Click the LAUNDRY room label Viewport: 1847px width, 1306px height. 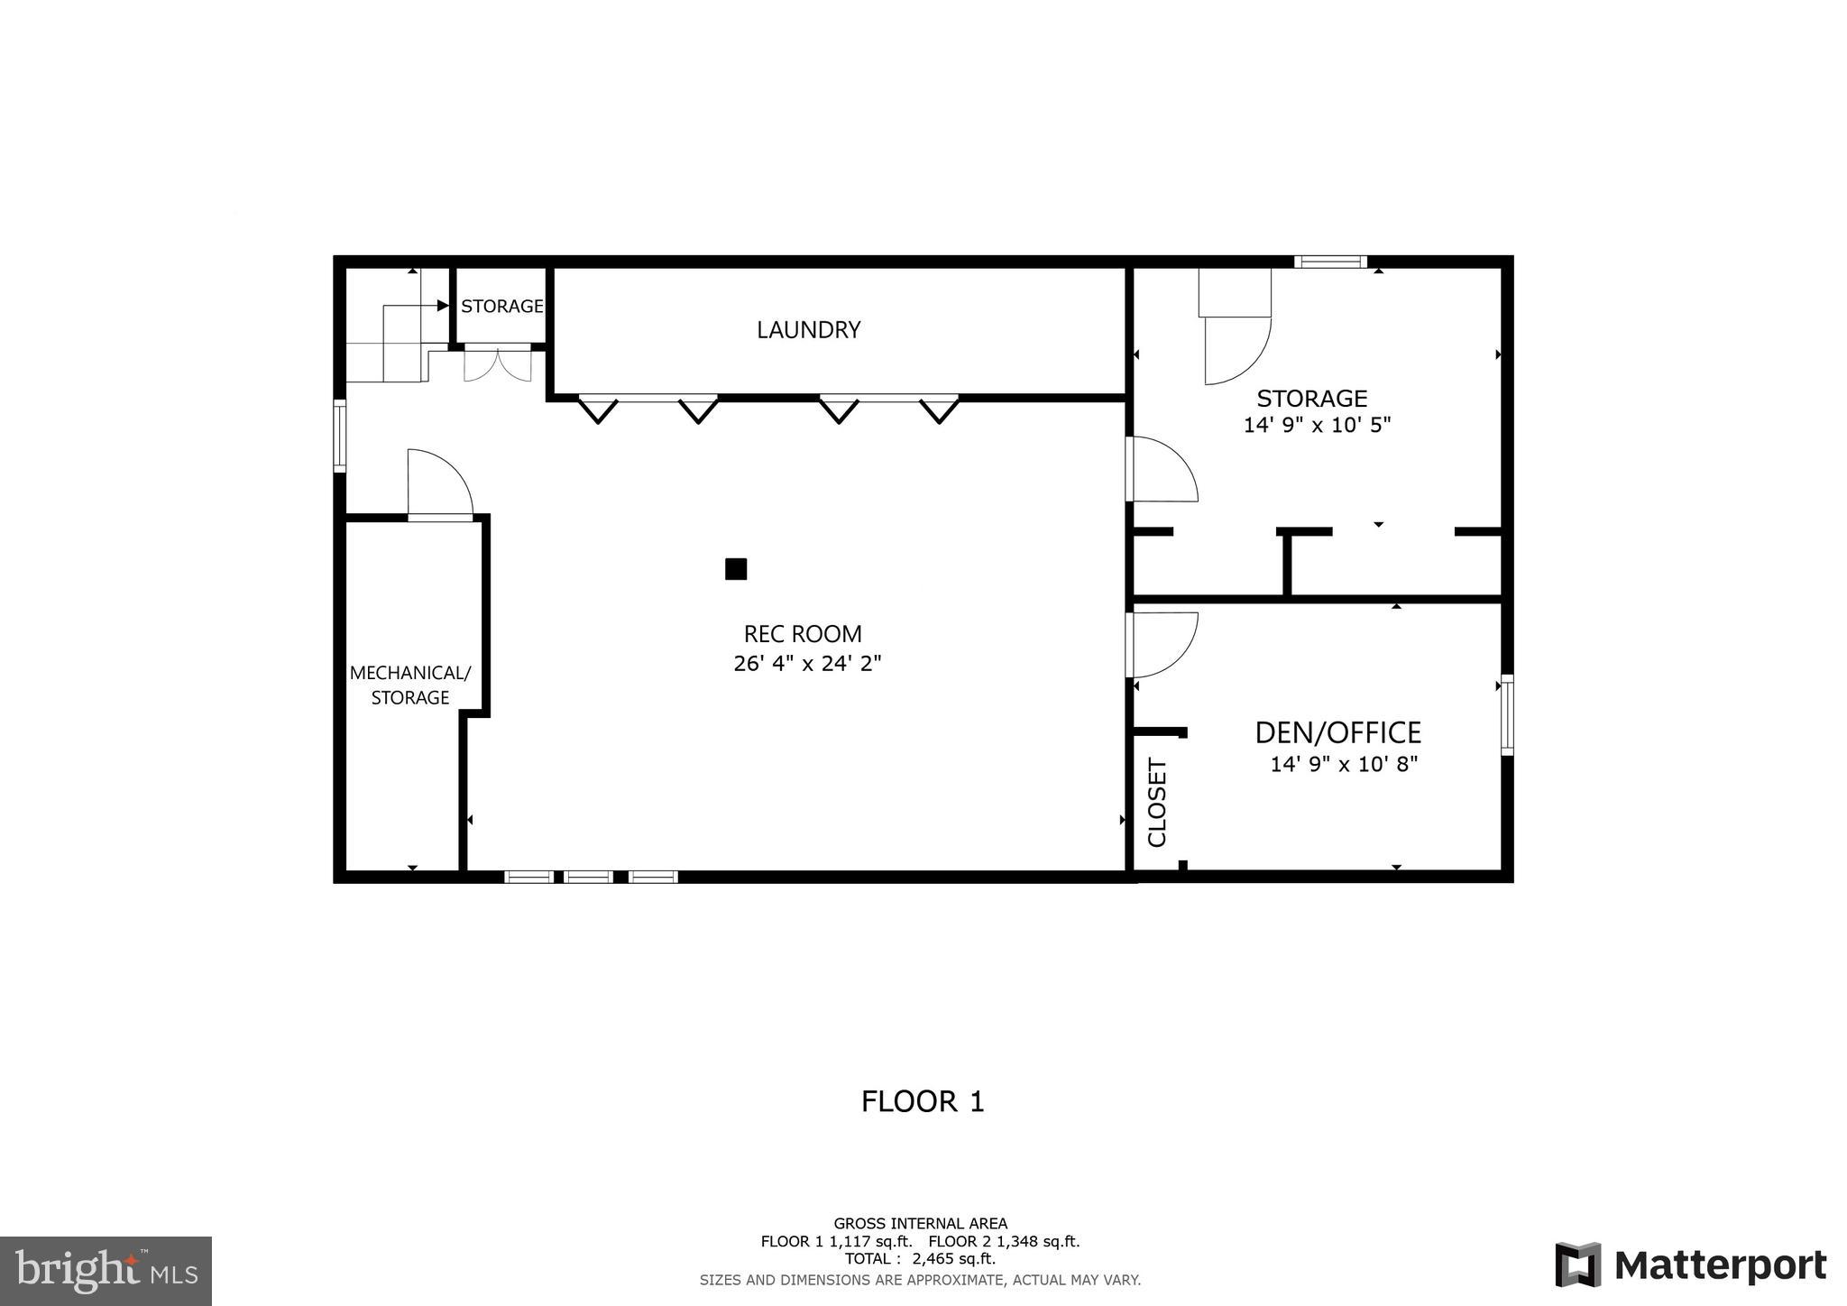pyautogui.click(x=808, y=330)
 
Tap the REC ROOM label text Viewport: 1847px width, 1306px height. pyautogui.click(x=803, y=634)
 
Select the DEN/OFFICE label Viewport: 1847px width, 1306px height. pyautogui.click(x=1337, y=732)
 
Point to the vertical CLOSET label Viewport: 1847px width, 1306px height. pyautogui.click(x=1157, y=803)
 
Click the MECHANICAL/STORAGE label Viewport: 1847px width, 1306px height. pyautogui.click(x=410, y=685)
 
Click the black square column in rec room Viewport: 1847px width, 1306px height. pyautogui.click(x=736, y=569)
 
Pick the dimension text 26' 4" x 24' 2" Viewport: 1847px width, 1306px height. pyautogui.click(x=807, y=664)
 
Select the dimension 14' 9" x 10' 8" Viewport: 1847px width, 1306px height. pyautogui.click(x=1344, y=765)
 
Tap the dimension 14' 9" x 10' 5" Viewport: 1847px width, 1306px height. pyautogui.click(x=1317, y=425)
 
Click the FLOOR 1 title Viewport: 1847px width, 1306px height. pyautogui.click(x=923, y=1101)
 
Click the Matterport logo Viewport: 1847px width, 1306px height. pyautogui.click(x=1691, y=1265)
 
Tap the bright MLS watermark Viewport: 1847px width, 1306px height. pyautogui.click(x=106, y=1270)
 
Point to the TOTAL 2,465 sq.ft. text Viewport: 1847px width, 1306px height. pyautogui.click(x=920, y=1258)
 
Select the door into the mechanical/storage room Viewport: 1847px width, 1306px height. pyautogui.click(x=440, y=484)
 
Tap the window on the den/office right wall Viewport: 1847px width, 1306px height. pyautogui.click(x=1507, y=715)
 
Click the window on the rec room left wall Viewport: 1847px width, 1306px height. pyautogui.click(x=340, y=437)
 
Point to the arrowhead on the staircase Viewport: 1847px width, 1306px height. pyautogui.click(x=443, y=306)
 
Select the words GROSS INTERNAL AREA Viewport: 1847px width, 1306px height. pyautogui.click(x=920, y=1224)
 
